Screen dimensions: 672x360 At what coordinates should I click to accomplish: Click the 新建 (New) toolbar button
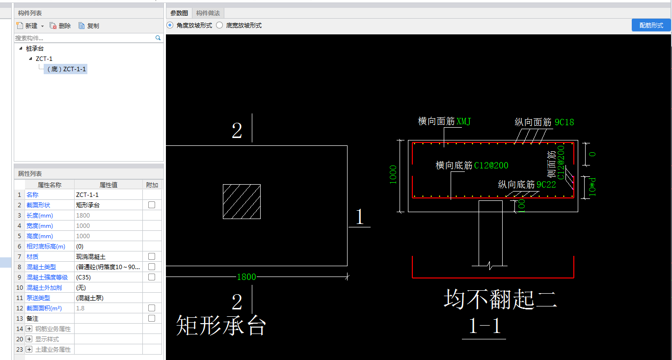30,26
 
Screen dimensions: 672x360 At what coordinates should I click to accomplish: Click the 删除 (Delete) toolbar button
60,26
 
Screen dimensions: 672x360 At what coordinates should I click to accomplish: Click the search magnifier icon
158,38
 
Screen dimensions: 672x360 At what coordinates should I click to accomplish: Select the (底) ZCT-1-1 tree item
66,69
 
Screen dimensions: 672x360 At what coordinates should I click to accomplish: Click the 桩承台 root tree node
35,48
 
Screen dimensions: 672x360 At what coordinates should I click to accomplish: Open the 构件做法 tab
208,13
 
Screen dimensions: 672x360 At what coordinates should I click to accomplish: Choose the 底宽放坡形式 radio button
219,25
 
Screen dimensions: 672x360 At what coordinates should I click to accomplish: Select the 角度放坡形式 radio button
170,25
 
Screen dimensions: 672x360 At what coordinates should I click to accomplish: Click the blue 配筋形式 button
651,25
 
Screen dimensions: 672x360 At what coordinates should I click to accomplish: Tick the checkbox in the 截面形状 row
152,205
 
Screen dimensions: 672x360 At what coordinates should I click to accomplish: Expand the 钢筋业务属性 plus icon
29,329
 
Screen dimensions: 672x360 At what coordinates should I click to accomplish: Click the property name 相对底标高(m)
46,247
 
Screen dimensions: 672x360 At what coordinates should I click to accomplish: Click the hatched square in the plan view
242,201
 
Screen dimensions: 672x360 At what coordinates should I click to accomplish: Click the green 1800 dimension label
246,277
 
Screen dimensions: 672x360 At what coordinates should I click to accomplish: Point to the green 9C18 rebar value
564,122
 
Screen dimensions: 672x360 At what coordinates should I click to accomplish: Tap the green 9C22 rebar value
546,184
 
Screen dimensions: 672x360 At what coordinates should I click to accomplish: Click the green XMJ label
464,121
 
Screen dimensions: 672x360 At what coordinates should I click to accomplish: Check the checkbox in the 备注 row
152,318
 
